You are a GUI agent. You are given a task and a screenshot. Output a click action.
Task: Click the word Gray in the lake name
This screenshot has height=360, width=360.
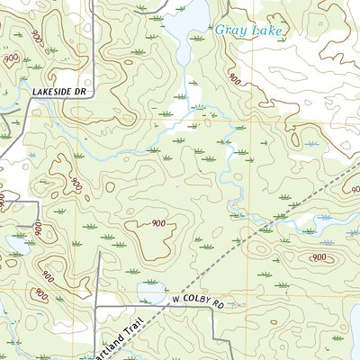229,31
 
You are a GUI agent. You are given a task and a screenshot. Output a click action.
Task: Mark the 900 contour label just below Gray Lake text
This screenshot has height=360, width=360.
235,79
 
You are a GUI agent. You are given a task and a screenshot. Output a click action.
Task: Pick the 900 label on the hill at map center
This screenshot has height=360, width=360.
157,223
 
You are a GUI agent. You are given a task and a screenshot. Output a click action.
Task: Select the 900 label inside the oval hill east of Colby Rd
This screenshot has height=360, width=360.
318,257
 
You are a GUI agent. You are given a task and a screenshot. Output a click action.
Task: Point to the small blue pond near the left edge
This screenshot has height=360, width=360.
16,243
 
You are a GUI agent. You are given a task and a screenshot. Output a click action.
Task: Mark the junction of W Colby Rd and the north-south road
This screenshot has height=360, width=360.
96,307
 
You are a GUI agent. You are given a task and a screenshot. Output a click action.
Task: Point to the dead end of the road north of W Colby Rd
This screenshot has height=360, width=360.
98,252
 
